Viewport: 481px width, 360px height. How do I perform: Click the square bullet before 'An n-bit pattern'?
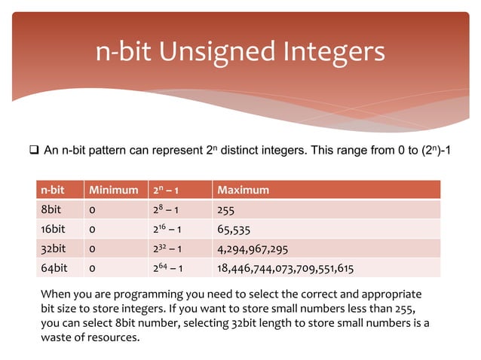pos(34,151)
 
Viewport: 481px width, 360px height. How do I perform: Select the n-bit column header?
pos(52,190)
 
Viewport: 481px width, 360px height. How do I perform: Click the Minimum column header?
pos(114,190)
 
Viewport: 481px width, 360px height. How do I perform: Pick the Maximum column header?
pos(243,190)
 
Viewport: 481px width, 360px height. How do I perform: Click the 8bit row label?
pos(51,210)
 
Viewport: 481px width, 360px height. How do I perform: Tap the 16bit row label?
pos(53,229)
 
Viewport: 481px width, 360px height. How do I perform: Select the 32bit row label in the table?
pos(53,248)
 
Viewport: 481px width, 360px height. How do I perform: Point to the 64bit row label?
pos(53,267)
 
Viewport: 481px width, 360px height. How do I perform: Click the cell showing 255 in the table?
pos(226,210)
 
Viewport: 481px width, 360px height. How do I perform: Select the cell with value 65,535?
pos(234,229)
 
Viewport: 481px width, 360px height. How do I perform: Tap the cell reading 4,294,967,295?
pos(252,248)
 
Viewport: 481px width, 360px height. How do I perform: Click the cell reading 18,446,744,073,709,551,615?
pos(285,267)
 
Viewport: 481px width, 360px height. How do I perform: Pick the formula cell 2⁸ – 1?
pos(167,210)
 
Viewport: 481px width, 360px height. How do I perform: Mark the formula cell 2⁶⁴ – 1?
pos(170,267)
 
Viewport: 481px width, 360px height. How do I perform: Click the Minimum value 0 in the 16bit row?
pos(92,229)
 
